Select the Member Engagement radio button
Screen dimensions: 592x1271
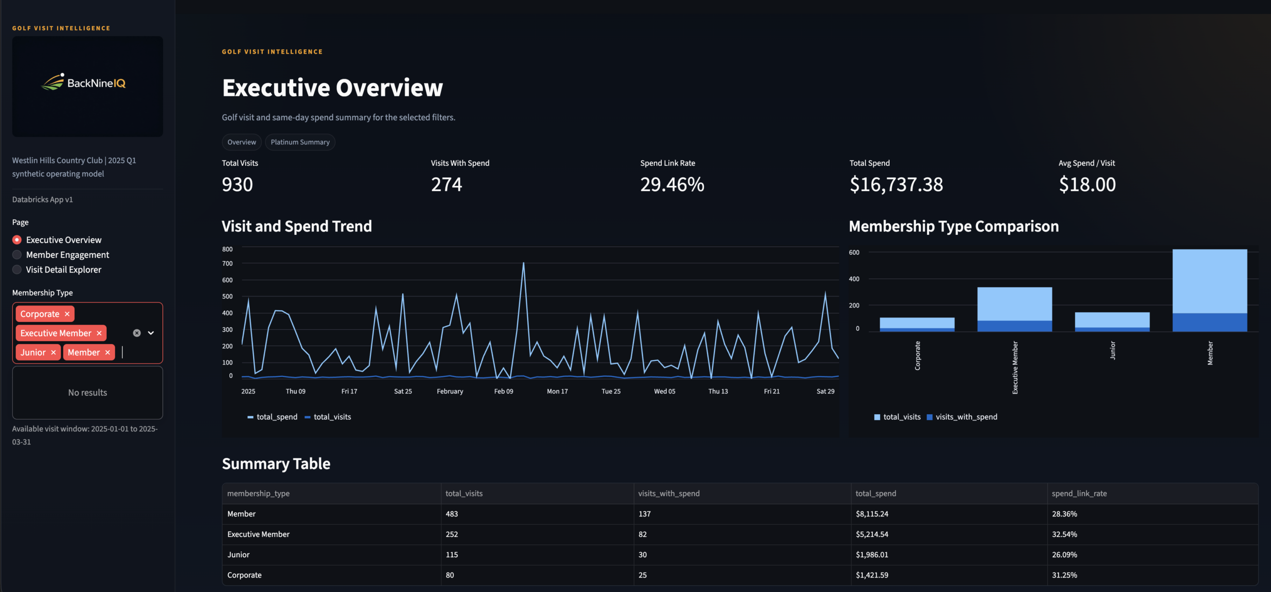[17, 255]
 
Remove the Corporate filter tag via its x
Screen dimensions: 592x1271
[67, 314]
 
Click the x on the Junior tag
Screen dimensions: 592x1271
[53, 353]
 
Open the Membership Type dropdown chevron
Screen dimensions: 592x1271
[151, 333]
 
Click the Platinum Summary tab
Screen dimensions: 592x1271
[300, 142]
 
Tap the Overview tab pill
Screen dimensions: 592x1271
[241, 142]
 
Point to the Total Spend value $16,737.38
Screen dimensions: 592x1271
[896, 185]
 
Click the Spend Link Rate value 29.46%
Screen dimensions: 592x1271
[672, 185]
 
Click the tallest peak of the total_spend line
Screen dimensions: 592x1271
[523, 263]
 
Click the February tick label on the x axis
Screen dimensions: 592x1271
[450, 391]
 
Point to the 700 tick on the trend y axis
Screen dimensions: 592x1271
[227, 264]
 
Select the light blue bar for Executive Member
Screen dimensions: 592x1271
[1014, 303]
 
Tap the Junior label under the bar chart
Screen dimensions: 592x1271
[1113, 350]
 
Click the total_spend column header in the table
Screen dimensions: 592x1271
[876, 494]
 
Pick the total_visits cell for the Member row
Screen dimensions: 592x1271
[452, 514]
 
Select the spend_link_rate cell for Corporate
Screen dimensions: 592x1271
[1064, 575]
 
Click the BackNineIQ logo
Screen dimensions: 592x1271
[84, 83]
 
